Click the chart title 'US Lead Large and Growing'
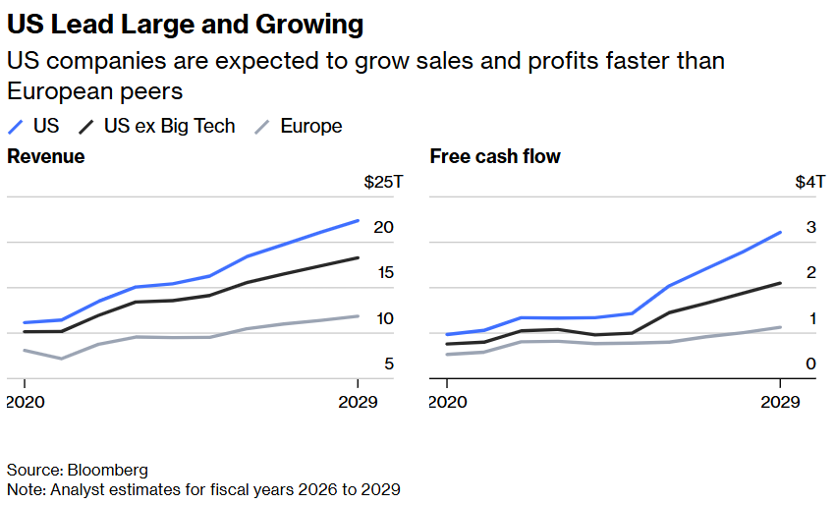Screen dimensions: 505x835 point(185,24)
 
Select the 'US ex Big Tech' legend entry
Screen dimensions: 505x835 point(169,126)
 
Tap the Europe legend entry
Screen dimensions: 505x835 point(310,126)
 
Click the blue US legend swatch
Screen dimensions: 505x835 point(16,127)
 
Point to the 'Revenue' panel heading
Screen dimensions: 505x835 point(46,156)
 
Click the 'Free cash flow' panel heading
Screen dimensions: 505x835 point(495,156)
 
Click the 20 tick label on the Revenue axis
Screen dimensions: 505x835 point(383,228)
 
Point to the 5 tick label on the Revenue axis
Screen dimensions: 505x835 point(389,365)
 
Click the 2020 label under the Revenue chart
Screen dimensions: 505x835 point(27,402)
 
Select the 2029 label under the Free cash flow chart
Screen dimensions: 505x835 point(779,402)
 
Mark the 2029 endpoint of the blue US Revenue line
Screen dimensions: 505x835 point(358,221)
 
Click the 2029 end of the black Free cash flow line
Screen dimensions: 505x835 point(780,283)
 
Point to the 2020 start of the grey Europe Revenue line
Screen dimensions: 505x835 point(24,350)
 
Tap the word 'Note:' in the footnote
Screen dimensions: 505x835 point(27,488)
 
